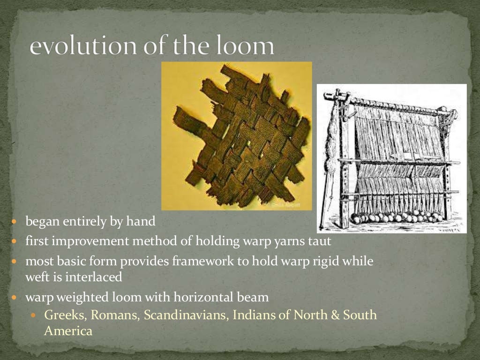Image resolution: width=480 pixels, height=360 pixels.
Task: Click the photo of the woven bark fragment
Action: tap(237, 136)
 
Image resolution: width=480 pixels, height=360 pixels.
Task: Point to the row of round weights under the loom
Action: tap(397, 217)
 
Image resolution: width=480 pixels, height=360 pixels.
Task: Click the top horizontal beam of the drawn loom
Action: tap(398, 104)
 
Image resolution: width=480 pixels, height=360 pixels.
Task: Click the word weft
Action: tap(36, 277)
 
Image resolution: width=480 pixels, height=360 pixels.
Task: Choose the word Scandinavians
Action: tap(186, 315)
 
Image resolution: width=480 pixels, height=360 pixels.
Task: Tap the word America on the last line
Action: tap(68, 330)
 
